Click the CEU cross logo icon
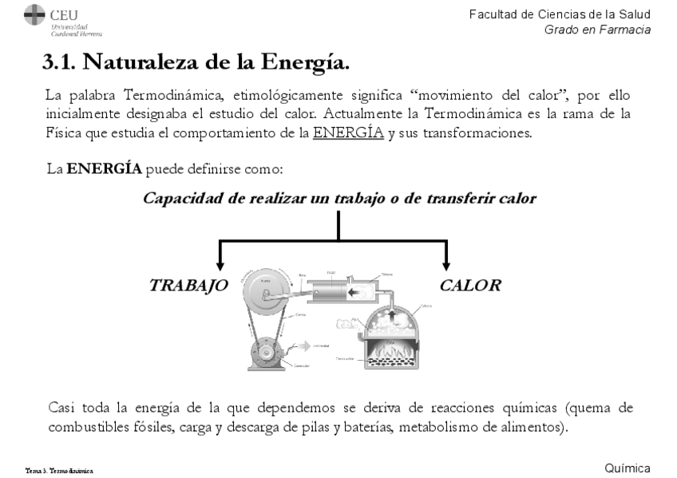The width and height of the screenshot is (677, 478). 35,15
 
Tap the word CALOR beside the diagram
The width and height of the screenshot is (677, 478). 470,286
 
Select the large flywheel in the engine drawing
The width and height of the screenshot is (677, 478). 267,294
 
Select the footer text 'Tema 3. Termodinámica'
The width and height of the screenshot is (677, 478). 60,471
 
